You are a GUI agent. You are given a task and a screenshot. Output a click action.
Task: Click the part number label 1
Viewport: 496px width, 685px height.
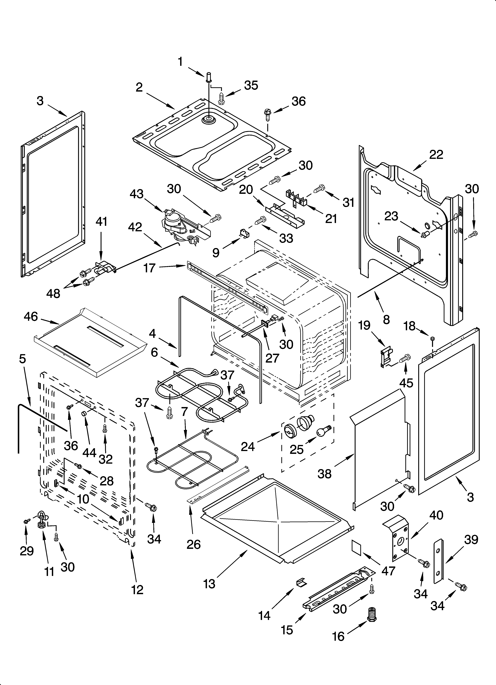180,62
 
